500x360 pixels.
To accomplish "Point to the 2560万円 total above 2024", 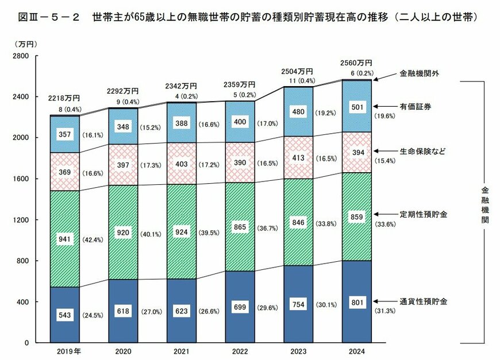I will [x=356, y=63].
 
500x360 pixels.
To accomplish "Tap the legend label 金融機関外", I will [x=420, y=74].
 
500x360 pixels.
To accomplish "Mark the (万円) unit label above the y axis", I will [x=25, y=44].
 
